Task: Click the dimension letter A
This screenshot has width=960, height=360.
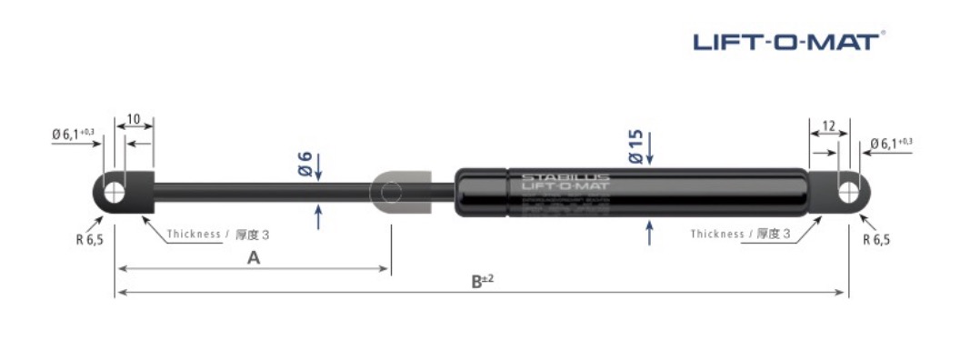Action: (254, 258)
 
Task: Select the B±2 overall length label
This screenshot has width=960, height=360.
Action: (482, 281)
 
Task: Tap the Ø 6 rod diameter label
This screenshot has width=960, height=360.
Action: (305, 163)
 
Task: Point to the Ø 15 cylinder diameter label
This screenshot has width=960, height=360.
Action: (635, 146)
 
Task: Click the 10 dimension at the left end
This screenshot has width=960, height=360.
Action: (133, 120)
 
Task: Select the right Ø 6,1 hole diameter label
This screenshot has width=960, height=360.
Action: (891, 144)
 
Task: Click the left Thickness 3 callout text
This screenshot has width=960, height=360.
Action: (218, 234)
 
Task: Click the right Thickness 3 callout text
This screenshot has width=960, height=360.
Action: (741, 234)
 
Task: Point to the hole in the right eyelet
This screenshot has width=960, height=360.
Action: (847, 192)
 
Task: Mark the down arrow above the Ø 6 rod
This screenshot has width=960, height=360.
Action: (319, 170)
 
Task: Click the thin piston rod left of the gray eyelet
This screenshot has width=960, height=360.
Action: (264, 191)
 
